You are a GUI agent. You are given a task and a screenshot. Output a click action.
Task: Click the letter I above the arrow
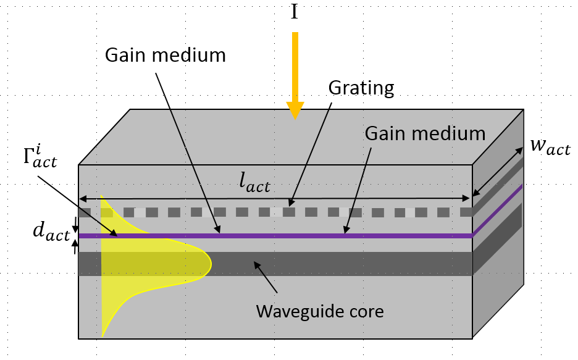295,12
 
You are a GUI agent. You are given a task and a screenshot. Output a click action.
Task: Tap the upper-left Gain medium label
165,55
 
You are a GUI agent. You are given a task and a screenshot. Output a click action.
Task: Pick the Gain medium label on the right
425,133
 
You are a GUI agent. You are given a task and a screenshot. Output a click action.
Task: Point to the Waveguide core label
320,311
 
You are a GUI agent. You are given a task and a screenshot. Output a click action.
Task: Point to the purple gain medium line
278,235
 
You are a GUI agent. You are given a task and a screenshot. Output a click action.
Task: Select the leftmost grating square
85,212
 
